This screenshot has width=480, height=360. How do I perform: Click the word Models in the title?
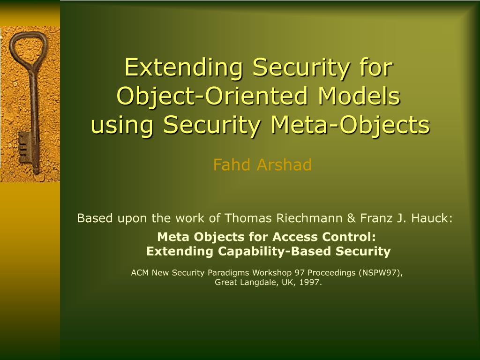click(359, 96)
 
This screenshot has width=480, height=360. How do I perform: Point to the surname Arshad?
click(285, 165)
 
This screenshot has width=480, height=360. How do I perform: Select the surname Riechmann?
click(309, 218)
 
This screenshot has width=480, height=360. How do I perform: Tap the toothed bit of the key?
click(23, 148)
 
